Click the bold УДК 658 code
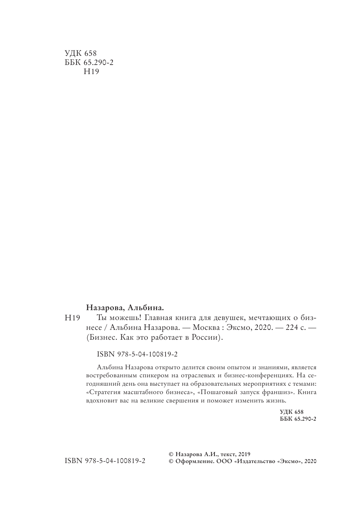(291, 412)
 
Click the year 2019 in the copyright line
(243, 454)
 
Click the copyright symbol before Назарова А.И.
(171, 454)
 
